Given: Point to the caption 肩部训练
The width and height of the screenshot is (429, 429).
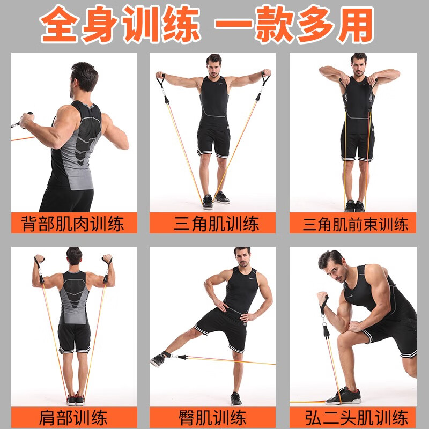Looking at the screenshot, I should coord(73,417).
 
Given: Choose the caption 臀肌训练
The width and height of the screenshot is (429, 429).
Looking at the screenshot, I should coord(213,417).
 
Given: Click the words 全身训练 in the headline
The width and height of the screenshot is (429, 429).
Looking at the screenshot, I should coord(121,25).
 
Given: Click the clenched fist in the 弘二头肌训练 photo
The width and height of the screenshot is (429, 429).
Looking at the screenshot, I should coord(322,299).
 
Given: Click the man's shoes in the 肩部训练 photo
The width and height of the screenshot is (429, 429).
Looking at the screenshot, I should coord(76,400).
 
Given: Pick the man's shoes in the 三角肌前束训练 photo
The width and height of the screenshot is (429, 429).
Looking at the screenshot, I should coord(354,206).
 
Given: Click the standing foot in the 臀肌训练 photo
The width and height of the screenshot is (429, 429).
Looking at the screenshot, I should coord(236,398).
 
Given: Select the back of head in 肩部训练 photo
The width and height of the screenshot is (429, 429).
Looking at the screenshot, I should coord(74,256).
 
